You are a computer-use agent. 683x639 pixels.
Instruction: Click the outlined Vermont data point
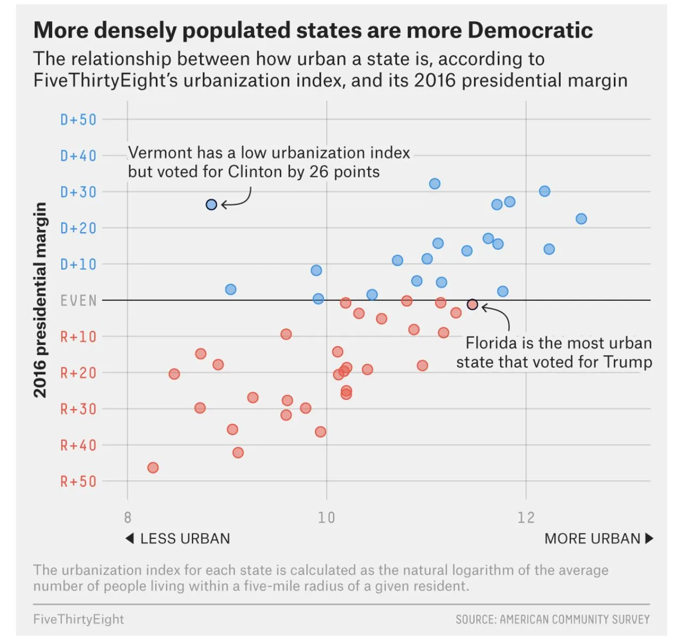[211, 204]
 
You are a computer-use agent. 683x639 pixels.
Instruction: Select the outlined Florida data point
[472, 305]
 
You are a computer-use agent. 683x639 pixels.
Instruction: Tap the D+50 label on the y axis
[78, 119]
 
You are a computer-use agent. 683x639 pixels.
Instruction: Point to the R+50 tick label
[78, 481]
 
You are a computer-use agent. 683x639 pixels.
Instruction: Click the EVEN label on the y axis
[78, 301]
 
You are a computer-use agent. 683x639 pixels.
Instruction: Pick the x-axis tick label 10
[326, 518]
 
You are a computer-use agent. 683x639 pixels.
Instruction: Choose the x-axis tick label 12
[526, 518]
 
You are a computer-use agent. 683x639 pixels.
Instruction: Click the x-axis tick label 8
[128, 518]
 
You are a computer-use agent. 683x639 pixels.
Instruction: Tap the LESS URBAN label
[185, 539]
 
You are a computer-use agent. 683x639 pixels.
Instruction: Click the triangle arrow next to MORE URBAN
[649, 538]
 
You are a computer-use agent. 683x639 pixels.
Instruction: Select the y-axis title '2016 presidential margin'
[40, 300]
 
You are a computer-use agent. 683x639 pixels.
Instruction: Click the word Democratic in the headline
[530, 30]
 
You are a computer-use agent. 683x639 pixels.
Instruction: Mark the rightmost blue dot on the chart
[581, 219]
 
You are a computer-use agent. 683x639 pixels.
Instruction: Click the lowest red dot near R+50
[153, 468]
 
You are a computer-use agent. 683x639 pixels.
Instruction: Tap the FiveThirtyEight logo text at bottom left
[78, 619]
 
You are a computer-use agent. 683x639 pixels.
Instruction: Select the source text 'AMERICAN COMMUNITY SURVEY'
[574, 619]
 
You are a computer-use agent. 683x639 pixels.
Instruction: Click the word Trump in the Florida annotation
[628, 362]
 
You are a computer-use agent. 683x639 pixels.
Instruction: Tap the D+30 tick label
[78, 192]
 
